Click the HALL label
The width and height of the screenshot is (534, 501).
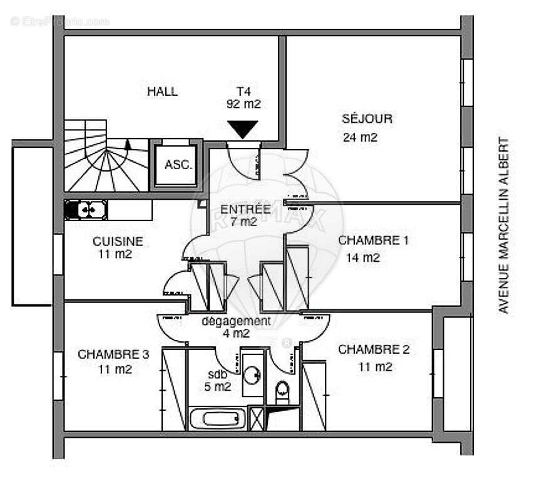162,91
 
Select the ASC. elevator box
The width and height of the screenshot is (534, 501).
178,165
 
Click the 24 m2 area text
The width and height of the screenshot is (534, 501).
360,138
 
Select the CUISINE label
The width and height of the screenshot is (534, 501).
118,241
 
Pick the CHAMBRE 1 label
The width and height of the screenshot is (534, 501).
373,240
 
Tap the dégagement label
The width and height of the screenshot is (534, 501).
236,321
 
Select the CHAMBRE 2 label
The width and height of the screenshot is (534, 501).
374,349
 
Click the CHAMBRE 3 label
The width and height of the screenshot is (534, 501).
113,354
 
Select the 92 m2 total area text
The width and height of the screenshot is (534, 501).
244,104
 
